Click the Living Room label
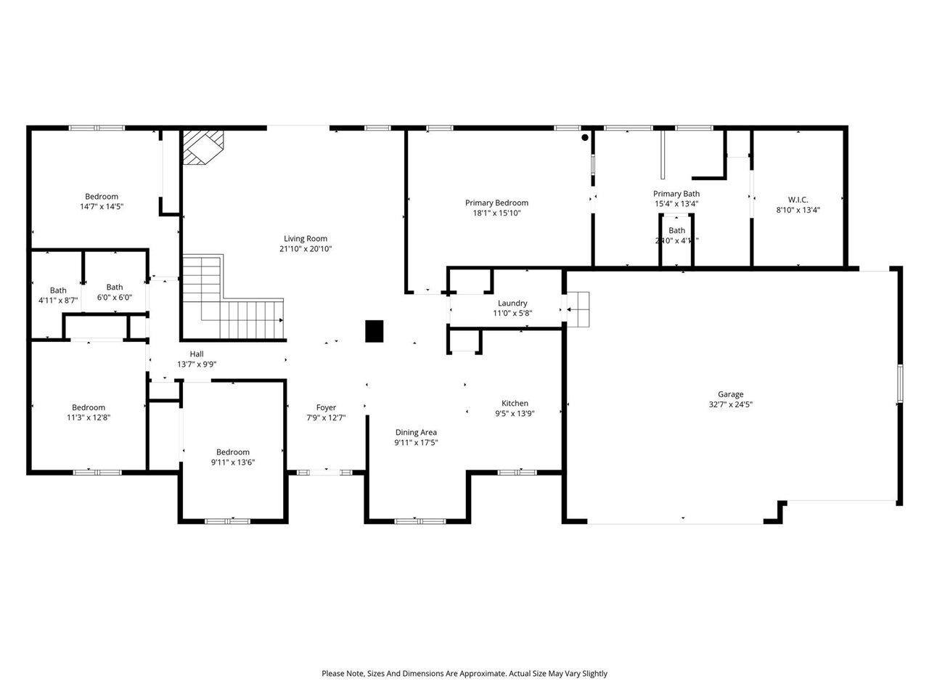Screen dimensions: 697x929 305,238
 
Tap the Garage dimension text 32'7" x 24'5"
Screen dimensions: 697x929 730,405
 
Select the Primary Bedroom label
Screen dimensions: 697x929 496,203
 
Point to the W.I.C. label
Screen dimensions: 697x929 798,200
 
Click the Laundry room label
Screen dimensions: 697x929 512,303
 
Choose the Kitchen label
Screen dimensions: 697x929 515,403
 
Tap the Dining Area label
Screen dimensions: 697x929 416,432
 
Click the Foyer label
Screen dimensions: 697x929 326,407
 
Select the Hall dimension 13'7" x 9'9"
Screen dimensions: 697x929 197,365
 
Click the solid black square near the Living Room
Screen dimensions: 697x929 374,331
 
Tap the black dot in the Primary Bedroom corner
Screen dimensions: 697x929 585,137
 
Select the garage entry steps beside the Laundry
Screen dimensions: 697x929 578,310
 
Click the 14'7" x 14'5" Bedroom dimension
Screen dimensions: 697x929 102,207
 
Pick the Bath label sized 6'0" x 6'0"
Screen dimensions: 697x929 115,287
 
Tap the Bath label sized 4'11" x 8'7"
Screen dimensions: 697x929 58,290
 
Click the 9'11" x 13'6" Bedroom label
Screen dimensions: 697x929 233,452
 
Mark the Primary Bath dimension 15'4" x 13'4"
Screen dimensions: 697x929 676,204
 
